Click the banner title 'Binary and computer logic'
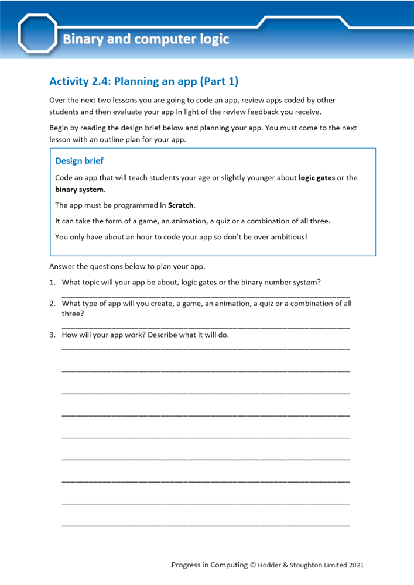[x=146, y=40]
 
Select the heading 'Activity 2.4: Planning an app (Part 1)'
[x=143, y=81]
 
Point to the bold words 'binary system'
[x=79, y=190]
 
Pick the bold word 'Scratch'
[x=181, y=205]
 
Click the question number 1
[x=52, y=282]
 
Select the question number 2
[x=52, y=304]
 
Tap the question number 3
[x=52, y=335]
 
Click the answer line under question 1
[x=206, y=296]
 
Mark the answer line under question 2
[x=206, y=327]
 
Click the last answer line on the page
[x=206, y=525]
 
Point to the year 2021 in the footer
[x=357, y=565]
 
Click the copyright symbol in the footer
[x=253, y=565]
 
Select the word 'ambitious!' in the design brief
[x=288, y=237]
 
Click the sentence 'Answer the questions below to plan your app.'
[x=127, y=267]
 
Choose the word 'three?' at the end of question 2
[x=73, y=314]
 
